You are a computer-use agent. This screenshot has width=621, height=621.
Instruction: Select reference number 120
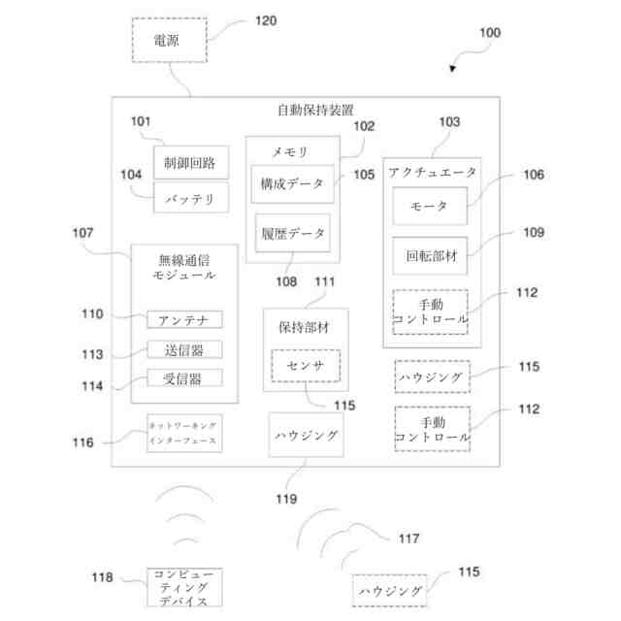pyautogui.click(x=267, y=18)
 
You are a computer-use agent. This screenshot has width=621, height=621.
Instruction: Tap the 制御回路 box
pyautogui.click(x=190, y=161)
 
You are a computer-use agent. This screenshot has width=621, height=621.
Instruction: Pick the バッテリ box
pyautogui.click(x=190, y=198)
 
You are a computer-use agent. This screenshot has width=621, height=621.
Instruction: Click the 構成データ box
pyautogui.click(x=291, y=182)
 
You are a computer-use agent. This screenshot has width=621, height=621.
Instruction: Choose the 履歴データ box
pyautogui.click(x=291, y=233)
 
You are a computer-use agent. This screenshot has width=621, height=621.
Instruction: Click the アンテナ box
pyautogui.click(x=184, y=319)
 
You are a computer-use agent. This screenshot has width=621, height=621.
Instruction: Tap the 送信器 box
pyautogui.click(x=184, y=349)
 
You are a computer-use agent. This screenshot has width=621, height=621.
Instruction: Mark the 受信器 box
pyautogui.click(x=184, y=378)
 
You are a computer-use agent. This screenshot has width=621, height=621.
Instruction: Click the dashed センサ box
pyautogui.click(x=306, y=365)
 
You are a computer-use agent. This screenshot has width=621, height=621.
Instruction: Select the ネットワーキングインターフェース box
pyautogui.click(x=183, y=434)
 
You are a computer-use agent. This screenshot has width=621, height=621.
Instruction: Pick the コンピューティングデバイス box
pyautogui.click(x=183, y=588)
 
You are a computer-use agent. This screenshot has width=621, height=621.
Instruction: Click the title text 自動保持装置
pyautogui.click(x=315, y=110)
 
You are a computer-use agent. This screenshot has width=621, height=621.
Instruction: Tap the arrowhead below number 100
pyautogui.click(x=453, y=70)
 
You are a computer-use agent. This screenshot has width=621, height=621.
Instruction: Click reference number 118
pyautogui.click(x=103, y=577)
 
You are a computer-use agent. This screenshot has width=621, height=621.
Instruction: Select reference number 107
pyautogui.click(x=84, y=233)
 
